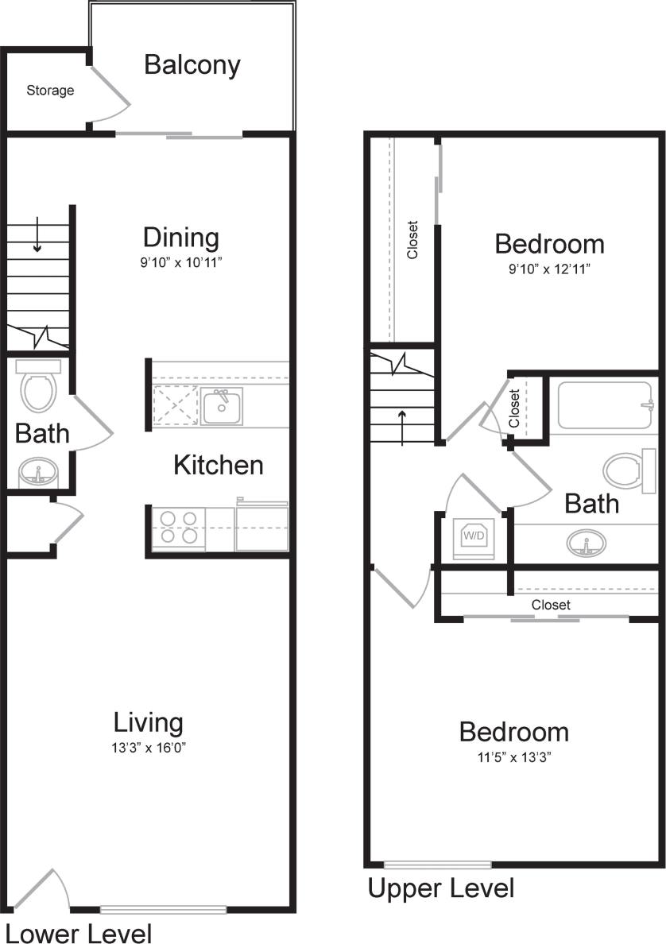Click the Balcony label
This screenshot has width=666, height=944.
192,64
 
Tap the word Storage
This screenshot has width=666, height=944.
50,91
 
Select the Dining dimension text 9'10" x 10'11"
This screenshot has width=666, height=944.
181,261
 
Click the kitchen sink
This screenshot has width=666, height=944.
222,406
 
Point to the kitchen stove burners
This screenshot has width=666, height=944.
180,528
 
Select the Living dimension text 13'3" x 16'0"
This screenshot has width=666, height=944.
149,748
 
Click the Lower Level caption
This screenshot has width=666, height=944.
79,932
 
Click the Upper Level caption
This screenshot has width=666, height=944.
440,888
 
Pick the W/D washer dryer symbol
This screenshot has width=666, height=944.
474,536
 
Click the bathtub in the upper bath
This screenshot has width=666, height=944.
603,404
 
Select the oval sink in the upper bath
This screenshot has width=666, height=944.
586,544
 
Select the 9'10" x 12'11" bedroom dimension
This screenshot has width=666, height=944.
549,269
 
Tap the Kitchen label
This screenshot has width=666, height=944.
218,465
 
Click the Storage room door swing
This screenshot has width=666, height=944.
111,94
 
